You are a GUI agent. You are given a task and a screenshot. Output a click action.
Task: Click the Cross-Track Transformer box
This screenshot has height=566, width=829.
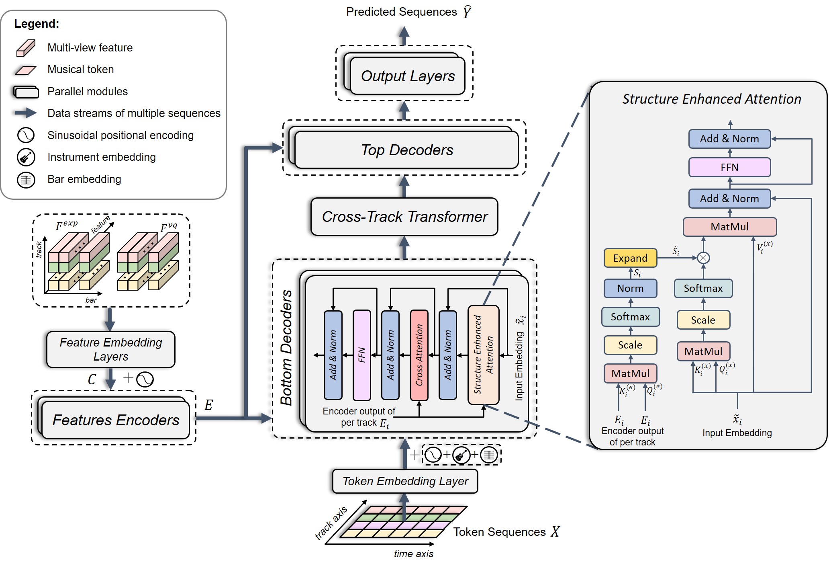pyautogui.click(x=404, y=217)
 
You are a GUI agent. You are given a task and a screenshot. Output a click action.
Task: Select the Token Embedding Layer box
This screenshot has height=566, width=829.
pyautogui.click(x=405, y=481)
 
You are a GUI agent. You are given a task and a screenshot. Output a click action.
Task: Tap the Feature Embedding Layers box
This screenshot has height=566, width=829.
pyautogui.click(x=111, y=349)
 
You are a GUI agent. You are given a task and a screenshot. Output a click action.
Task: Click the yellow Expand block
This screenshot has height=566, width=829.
pyautogui.click(x=630, y=258)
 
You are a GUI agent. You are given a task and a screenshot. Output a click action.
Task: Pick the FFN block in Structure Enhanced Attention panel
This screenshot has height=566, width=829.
pyautogui.click(x=729, y=167)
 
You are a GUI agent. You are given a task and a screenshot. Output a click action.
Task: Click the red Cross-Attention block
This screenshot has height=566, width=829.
pyautogui.click(x=419, y=355)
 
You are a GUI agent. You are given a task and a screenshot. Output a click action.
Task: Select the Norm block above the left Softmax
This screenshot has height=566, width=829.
pyautogui.click(x=630, y=288)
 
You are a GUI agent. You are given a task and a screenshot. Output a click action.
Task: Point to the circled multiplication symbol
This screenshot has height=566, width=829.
pyautogui.click(x=703, y=258)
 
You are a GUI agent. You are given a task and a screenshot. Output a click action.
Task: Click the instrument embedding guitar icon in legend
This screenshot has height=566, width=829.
pyautogui.click(x=26, y=157)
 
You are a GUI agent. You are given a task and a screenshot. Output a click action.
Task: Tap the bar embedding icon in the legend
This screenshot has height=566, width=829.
pyautogui.click(x=26, y=179)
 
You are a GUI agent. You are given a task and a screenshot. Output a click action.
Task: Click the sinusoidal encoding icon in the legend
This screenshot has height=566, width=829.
pyautogui.click(x=26, y=135)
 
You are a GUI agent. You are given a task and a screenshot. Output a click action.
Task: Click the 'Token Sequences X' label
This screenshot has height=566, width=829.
pyautogui.click(x=506, y=532)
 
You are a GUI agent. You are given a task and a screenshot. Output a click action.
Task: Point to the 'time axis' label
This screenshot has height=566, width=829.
pyautogui.click(x=413, y=554)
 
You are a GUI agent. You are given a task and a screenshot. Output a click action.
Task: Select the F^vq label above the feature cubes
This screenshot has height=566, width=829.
pyautogui.click(x=169, y=227)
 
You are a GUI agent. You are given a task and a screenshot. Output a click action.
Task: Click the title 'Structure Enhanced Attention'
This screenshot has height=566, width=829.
pyautogui.click(x=712, y=99)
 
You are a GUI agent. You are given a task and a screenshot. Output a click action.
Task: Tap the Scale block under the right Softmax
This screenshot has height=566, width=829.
pyautogui.click(x=703, y=320)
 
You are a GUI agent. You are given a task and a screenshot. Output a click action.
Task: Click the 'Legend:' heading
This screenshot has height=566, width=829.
pyautogui.click(x=37, y=24)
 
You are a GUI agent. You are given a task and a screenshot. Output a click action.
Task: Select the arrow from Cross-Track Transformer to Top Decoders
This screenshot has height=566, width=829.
pyautogui.click(x=404, y=187)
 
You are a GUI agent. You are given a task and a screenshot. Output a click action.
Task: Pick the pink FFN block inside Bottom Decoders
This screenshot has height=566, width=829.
pyautogui.click(x=361, y=355)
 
